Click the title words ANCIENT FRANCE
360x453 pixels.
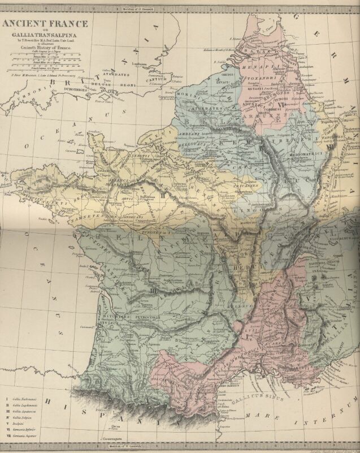pos(46,23)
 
